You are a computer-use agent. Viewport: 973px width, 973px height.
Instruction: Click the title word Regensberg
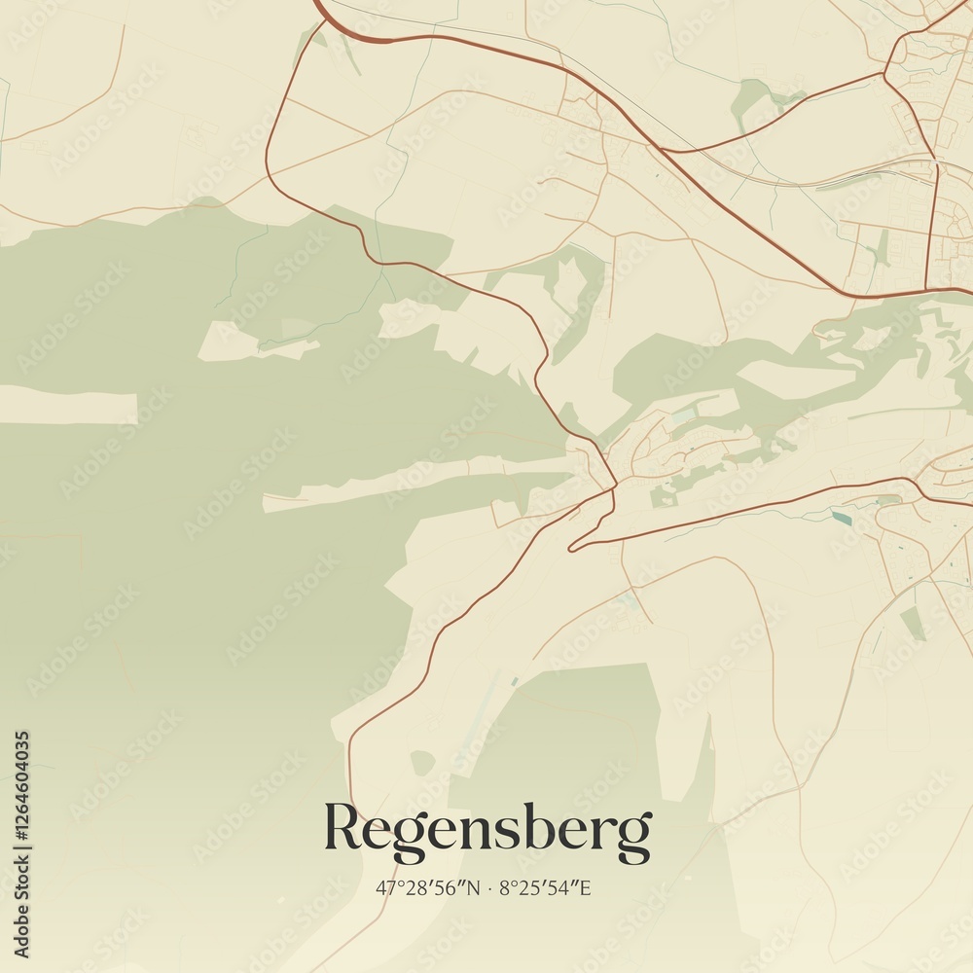[x=486, y=830]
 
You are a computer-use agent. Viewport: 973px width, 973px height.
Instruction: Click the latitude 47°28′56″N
[x=428, y=887]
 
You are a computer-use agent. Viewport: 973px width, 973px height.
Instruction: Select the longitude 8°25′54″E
[x=545, y=887]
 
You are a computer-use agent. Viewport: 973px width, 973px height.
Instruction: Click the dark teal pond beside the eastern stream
[x=841, y=518]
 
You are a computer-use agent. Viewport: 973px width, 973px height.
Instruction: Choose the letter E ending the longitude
[x=586, y=887]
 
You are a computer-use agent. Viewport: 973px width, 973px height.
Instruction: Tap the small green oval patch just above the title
[x=421, y=762]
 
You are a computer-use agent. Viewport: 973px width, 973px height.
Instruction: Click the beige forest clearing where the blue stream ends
[x=258, y=343]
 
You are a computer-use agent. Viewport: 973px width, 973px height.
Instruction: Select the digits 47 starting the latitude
[x=385, y=887]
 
